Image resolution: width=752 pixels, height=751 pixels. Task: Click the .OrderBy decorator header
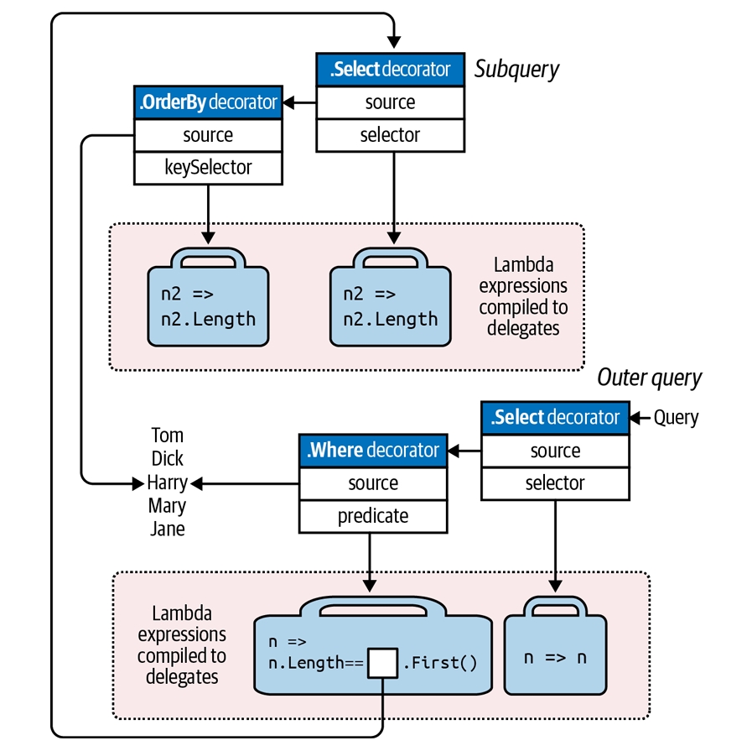click(x=207, y=102)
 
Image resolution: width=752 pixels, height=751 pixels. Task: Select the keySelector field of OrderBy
click(x=207, y=168)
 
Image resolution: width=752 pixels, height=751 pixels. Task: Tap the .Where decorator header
click(x=373, y=451)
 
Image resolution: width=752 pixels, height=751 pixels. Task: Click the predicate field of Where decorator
click(x=373, y=516)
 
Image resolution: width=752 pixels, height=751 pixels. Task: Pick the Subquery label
click(x=516, y=69)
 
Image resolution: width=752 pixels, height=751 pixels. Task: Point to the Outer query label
click(x=649, y=378)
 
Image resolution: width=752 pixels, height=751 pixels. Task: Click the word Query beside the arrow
click(x=676, y=417)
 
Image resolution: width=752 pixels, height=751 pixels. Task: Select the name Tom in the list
click(x=167, y=435)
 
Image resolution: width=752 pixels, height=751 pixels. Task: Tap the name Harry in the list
click(x=167, y=482)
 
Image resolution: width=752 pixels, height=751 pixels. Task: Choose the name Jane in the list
click(x=167, y=529)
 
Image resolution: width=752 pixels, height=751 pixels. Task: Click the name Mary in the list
click(x=167, y=506)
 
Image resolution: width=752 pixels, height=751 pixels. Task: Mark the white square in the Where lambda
click(x=383, y=663)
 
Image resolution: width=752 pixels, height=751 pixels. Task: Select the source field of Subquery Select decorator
click(x=390, y=102)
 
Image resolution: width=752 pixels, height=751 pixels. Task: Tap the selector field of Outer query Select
click(x=555, y=483)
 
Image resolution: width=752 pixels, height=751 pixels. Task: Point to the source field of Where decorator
click(x=373, y=483)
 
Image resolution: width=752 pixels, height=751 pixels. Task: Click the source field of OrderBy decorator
click(x=207, y=135)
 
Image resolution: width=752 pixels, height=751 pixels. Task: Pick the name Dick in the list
click(x=167, y=459)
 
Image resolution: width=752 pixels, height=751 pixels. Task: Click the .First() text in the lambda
click(x=440, y=664)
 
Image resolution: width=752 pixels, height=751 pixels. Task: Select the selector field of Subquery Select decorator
click(x=390, y=135)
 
